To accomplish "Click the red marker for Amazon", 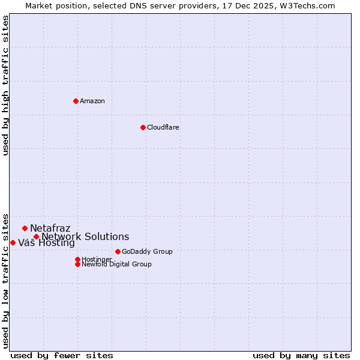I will coord(76,101).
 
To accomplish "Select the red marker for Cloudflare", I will coord(143,127).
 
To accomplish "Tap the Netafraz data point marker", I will coord(25,228).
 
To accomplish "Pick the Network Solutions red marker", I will coord(36,236).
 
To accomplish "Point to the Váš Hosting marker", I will coord(13,242).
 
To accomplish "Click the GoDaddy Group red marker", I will coord(118,251).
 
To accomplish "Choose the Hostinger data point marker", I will coord(77,259).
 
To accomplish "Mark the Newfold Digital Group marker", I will coord(77,264).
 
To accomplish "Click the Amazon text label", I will coord(92,101).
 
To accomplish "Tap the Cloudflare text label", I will coord(163,127).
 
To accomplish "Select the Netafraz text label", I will coord(50,228).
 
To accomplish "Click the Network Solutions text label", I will coord(85,236).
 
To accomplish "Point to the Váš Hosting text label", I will coord(46,243).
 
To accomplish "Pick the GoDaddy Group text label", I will coord(147,251).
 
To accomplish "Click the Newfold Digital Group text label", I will coord(116,264).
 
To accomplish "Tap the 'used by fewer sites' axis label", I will coord(62,355).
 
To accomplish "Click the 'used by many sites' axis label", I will coord(301,355).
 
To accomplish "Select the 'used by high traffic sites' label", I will coord(6,85).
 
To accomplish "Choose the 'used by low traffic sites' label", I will coord(6,280).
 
